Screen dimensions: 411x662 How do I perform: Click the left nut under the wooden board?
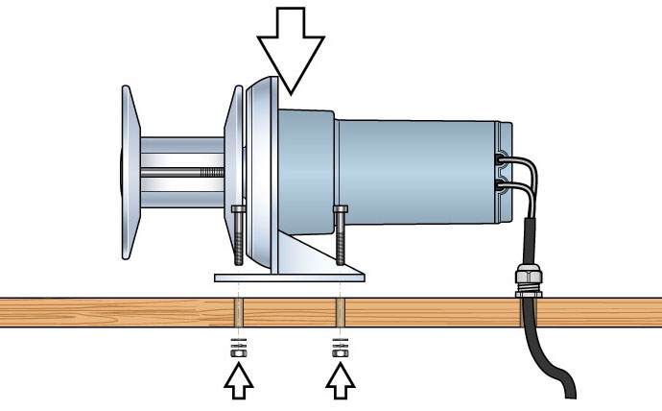[238, 352]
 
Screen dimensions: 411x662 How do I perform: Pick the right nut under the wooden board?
[339, 352]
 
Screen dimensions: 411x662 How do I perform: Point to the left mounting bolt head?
[237, 208]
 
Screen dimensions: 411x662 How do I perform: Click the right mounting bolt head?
[339, 208]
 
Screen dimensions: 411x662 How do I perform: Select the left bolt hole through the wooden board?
[238, 312]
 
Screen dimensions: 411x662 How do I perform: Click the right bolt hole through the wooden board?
[339, 312]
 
